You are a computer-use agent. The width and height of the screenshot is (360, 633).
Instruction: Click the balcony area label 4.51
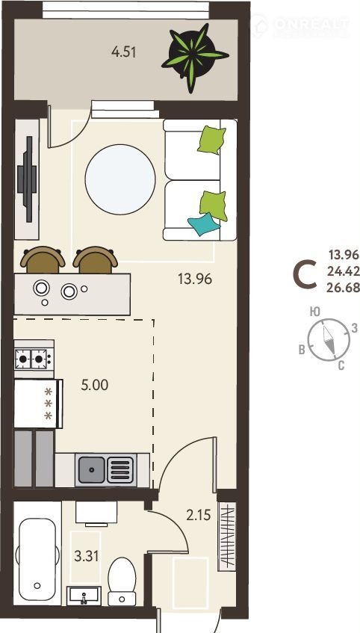pos(123,52)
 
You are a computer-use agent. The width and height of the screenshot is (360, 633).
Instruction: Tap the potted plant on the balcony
pos(194,56)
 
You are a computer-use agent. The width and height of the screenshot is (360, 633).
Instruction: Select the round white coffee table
pos(120,179)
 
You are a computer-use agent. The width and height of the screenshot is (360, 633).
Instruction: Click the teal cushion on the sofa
pos(204,224)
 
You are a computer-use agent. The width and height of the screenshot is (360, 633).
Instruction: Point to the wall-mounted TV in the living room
pos(28,179)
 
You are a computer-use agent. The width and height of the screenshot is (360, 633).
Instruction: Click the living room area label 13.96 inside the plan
pos(195,279)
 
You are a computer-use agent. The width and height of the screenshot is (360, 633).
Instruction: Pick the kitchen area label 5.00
pos(95,385)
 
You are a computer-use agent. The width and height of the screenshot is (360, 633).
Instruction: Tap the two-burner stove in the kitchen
pos(34,359)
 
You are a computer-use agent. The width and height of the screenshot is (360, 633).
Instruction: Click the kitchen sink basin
pos(92,469)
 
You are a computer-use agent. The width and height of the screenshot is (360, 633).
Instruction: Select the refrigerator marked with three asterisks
pos(38,404)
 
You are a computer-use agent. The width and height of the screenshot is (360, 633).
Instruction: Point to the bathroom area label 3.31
pos(87,556)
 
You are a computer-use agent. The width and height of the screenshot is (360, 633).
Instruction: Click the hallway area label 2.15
pos(199,515)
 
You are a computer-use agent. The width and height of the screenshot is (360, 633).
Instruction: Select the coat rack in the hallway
pos(227,537)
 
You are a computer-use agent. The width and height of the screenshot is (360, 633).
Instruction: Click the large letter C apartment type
pos(304,276)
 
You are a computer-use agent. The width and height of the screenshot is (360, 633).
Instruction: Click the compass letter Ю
pos(314,311)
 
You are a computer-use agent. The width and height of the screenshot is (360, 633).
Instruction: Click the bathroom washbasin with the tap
pos(84,595)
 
